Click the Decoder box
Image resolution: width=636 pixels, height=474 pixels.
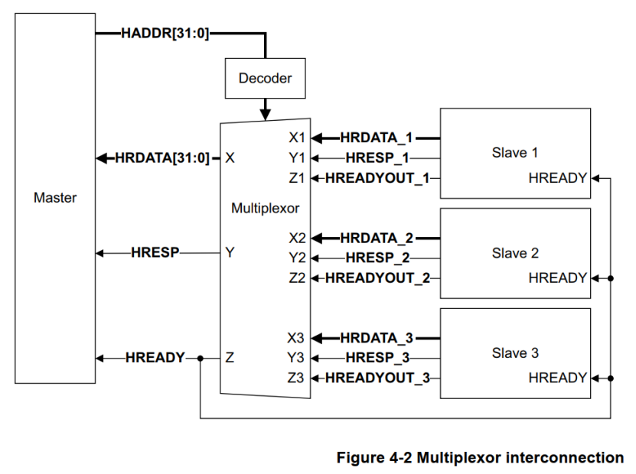pos(265,78)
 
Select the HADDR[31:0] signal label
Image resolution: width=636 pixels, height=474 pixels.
pos(165,33)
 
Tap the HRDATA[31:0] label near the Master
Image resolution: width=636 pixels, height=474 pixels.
pos(161,158)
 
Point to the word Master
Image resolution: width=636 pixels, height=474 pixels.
pos(55,197)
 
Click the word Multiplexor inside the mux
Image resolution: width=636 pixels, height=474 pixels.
pos(266,207)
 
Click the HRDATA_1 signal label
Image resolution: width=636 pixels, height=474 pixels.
pos(377,138)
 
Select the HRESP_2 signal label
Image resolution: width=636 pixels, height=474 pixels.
pos(377,258)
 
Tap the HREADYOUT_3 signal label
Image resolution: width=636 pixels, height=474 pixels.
pos(377,378)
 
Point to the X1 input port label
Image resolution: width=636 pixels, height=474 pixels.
pos(296,138)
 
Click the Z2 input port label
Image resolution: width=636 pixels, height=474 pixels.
pos(297,278)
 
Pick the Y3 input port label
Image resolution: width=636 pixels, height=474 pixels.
pos(296,358)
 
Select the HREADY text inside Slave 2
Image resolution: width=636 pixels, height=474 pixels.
pos(557,278)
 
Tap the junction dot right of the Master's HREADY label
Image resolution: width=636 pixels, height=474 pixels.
pos(201,358)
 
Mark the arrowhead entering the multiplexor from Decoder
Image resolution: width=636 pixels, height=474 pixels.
pos(265,115)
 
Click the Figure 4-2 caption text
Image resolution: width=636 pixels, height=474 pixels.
pos(480,458)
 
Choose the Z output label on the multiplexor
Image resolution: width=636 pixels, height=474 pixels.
pos(230,357)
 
